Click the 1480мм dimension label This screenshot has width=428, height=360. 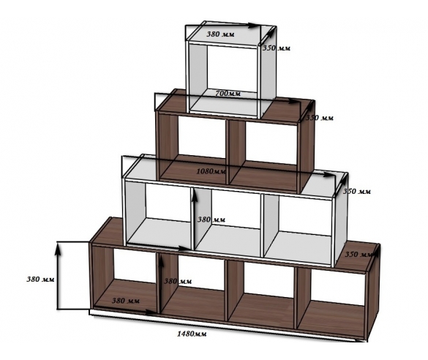pyautogui.click(x=192, y=334)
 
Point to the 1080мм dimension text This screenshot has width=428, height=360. pyautogui.click(x=211, y=171)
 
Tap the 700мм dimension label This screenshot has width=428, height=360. pyautogui.click(x=228, y=94)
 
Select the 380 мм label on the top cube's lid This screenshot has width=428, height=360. pyautogui.click(x=220, y=34)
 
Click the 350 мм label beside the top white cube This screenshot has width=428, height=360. pyautogui.click(x=277, y=48)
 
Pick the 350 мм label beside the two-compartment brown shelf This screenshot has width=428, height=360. pyautogui.click(x=319, y=118)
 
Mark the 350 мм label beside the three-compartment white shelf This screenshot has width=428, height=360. pyautogui.click(x=357, y=191)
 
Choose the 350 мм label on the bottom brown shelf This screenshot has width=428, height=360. pyautogui.click(x=358, y=255)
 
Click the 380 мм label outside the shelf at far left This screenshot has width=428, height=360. pyautogui.click(x=40, y=280)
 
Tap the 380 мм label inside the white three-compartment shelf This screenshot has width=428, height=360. pyautogui.click(x=211, y=220)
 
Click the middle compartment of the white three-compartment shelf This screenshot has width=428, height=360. pyautogui.click(x=228, y=222)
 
